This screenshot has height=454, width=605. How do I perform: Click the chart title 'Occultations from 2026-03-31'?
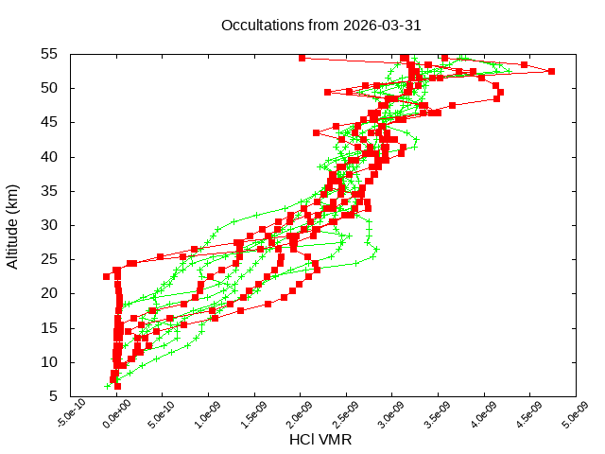321,26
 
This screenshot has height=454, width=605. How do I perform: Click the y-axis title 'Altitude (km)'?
13,225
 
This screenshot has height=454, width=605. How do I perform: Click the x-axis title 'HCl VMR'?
321,441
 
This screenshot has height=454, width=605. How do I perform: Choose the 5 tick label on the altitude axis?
55,396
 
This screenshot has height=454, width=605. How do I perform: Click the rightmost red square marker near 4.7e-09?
551,71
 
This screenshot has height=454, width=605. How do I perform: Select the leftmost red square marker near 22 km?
107,276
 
